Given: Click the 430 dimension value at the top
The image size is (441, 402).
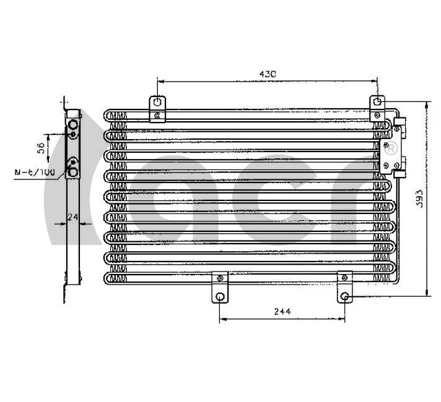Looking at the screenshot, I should [268, 74].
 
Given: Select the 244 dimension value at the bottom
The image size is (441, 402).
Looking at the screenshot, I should [282, 311].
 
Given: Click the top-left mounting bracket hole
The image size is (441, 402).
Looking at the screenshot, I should [158, 103].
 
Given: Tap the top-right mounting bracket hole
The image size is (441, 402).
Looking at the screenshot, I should [377, 103].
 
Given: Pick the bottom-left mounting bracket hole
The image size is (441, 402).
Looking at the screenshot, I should [220, 297].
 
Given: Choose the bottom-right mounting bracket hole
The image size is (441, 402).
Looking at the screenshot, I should [345, 297].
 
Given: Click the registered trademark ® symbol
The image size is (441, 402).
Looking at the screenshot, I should [391, 148].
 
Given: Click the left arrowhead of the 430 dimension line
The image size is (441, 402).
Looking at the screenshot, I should [160, 80].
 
